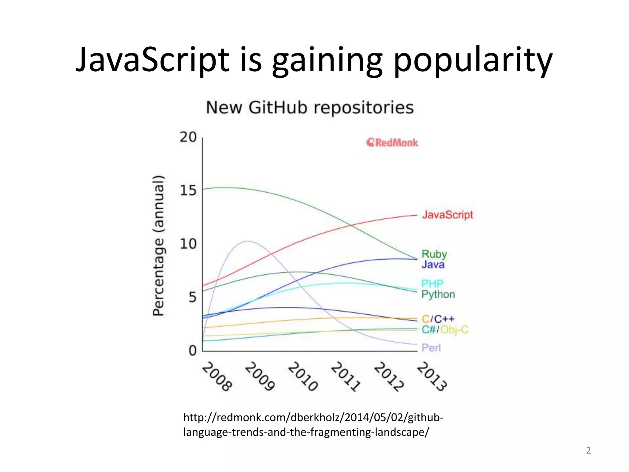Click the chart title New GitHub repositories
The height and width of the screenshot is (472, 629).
pos(310,108)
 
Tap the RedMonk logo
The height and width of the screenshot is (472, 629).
pos(392,143)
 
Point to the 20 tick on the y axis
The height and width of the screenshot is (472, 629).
pos(188,137)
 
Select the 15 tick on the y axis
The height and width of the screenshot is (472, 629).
pos(188,191)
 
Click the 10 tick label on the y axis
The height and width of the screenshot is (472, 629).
pos(188,244)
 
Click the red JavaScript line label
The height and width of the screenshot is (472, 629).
pos(447,215)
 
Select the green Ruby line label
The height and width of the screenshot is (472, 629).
pos(434,254)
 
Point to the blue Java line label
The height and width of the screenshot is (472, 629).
pos(433,265)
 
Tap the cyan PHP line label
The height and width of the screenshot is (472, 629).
pos(432,284)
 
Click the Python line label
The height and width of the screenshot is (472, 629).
pos(438,294)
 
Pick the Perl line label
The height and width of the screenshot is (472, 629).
pos(431,348)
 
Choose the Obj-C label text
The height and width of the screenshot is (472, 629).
pos(454,330)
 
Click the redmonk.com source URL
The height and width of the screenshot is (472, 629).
pos(313,425)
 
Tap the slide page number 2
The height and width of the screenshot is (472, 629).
pos(588,450)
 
